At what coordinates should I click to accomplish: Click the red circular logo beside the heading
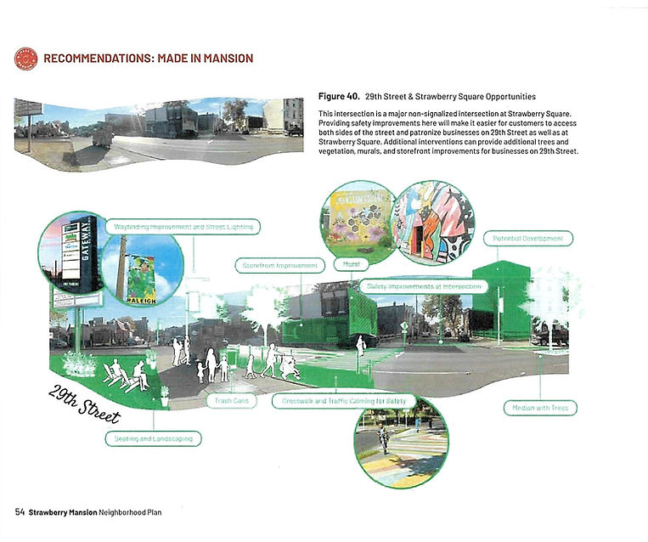[25, 59]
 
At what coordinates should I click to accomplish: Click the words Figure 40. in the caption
[341, 97]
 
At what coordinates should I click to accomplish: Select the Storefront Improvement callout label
[280, 265]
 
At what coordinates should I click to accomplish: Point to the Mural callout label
[350, 265]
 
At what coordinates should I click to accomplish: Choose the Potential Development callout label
[527, 239]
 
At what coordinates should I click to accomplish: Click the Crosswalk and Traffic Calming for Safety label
[344, 400]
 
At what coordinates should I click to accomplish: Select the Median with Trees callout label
[539, 409]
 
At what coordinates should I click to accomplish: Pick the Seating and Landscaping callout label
[153, 439]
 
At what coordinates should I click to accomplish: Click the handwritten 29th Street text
[83, 404]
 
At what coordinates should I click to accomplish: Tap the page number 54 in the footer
[20, 512]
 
